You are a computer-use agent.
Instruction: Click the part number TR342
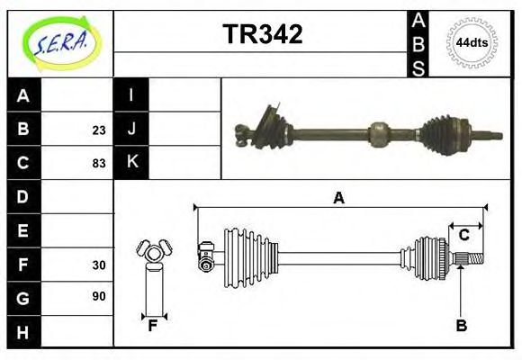(262, 35)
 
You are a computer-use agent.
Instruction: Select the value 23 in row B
(99, 130)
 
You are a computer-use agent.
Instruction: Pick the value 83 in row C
(99, 164)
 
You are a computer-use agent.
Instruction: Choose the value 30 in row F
(99, 265)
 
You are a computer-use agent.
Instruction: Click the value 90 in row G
(99, 297)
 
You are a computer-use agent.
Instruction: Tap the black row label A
(23, 95)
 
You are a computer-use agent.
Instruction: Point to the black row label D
(23, 196)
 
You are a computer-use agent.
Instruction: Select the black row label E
(23, 230)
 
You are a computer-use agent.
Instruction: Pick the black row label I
(131, 95)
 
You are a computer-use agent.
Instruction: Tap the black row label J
(131, 129)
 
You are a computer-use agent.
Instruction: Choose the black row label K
(131, 163)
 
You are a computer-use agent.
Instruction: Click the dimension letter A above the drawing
(338, 198)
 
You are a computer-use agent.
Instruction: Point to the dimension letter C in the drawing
(464, 235)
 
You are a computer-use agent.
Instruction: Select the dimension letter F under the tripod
(153, 326)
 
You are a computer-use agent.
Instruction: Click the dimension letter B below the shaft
(461, 326)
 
